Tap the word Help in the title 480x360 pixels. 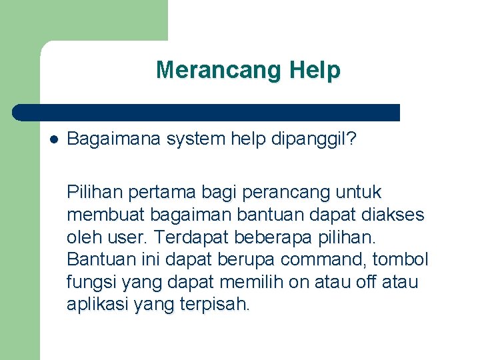pos(315,70)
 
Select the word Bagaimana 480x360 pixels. pos(114,139)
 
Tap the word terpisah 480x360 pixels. pos(213,305)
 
